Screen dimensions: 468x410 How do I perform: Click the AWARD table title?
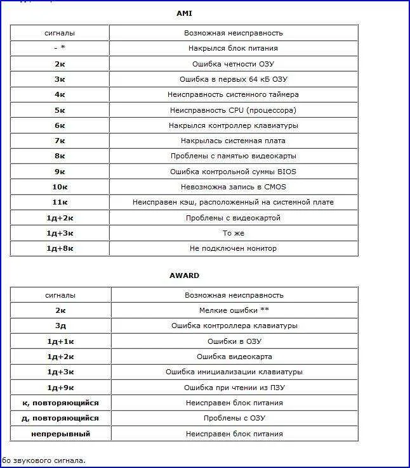click(184, 275)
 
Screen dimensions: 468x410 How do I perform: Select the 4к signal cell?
click(60, 94)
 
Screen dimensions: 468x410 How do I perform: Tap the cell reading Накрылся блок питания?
click(233, 48)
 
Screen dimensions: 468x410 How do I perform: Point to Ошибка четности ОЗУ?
click(233, 64)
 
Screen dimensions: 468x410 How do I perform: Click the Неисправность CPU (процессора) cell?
click(233, 110)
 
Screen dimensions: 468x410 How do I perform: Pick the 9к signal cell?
click(60, 172)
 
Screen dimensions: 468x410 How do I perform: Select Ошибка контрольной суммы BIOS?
click(233, 172)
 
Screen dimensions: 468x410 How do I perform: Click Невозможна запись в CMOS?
click(233, 187)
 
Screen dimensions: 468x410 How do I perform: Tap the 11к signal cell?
click(60, 203)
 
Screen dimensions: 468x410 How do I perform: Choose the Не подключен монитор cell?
click(233, 248)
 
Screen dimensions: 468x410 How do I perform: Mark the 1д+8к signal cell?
click(60, 248)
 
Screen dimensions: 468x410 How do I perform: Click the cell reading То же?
click(233, 233)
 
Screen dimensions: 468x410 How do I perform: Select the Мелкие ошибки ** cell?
click(234, 310)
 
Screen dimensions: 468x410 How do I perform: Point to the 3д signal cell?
click(60, 326)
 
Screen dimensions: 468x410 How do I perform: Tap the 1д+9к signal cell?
click(60, 388)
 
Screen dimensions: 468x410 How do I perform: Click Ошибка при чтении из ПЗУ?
click(234, 388)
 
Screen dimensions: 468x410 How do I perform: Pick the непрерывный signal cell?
click(60, 434)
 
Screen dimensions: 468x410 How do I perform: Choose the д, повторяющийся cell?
click(60, 418)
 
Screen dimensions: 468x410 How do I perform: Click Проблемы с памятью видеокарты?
click(233, 156)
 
